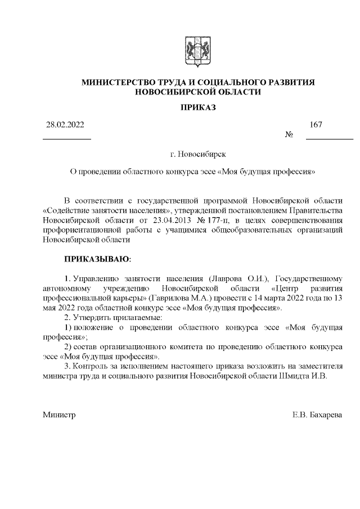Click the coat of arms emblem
pos(197,49)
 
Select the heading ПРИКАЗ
pos(197,107)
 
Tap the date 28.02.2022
pos(65,124)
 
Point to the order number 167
pos(316,124)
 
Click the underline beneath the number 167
pos(329,138)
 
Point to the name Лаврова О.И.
pos(238,279)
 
